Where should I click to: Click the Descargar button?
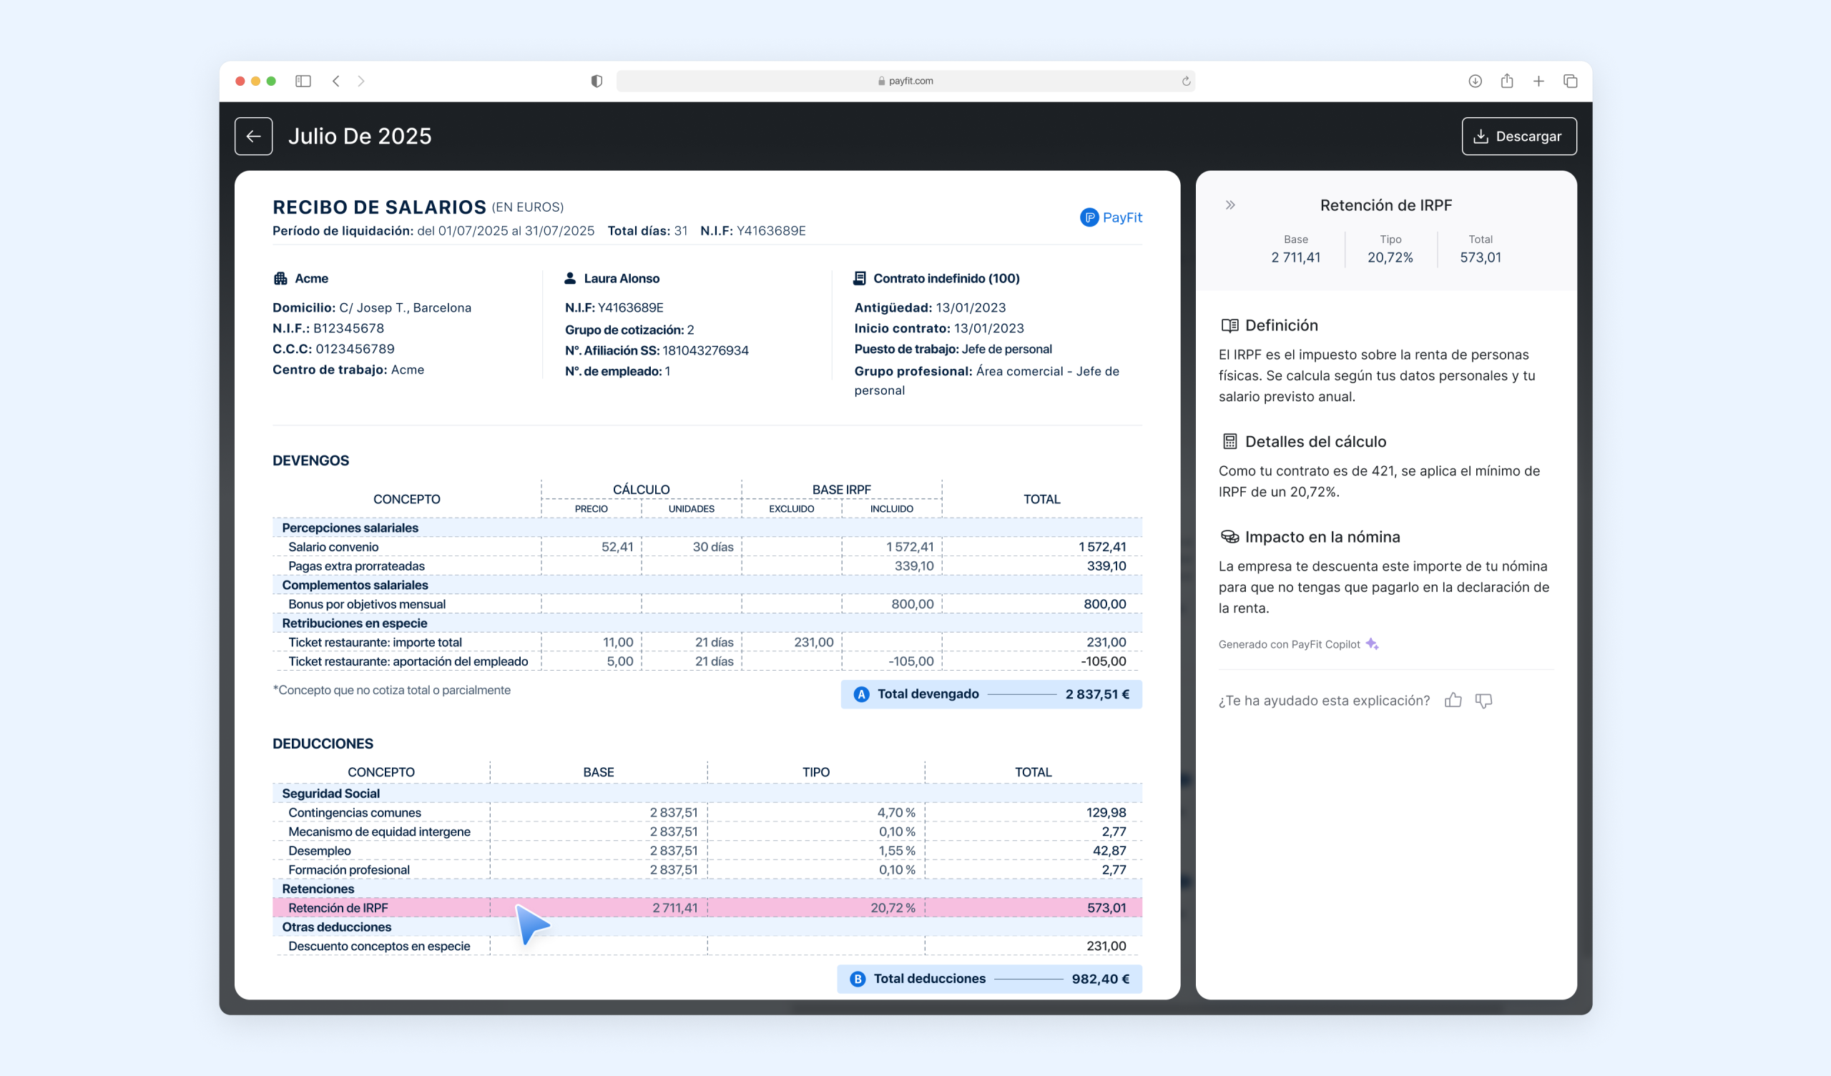pos(1518,136)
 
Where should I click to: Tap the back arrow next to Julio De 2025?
pos(254,136)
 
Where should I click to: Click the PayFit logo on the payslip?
pos(1110,217)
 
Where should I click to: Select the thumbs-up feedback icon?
pos(1453,700)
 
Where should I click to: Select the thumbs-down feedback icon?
pos(1483,701)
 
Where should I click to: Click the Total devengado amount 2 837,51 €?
pos(1097,694)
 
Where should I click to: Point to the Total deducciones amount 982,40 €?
pos(1100,979)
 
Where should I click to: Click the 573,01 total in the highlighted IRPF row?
pos(1106,907)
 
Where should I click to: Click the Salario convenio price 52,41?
pos(617,546)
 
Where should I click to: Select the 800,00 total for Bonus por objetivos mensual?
pos(1104,603)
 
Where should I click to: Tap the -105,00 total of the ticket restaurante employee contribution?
pos(1103,661)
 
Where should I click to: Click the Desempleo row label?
pos(319,851)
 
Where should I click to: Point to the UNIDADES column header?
pos(691,508)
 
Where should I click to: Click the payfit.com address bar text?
pos(910,81)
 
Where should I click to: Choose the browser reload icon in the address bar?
pos(1186,81)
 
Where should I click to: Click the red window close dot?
pos(240,81)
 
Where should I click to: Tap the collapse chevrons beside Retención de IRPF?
pos(1230,205)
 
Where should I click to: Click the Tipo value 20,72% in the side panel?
pos(1390,257)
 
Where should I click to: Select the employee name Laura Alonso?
pos(622,278)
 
